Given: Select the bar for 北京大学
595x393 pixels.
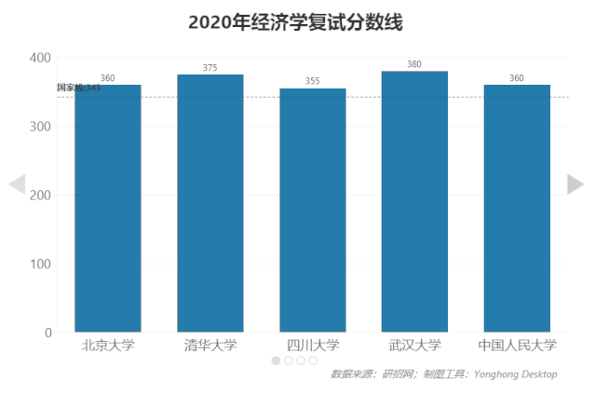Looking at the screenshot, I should (x=108, y=209).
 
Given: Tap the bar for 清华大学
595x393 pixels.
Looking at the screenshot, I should (x=210, y=203).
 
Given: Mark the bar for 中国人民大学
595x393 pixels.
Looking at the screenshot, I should (x=517, y=209).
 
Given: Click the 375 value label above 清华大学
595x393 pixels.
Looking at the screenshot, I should (x=210, y=68).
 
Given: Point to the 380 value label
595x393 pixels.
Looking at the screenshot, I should (x=414, y=64).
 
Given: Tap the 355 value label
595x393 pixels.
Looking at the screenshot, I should (x=313, y=82).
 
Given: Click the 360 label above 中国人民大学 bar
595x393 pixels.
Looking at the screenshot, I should (x=517, y=78).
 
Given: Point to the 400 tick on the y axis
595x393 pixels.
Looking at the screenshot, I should (x=39, y=58).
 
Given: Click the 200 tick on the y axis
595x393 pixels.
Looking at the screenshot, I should (x=39, y=196).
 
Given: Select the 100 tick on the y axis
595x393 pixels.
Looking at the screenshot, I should (x=39, y=264).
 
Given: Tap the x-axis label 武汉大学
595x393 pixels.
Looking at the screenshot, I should (x=414, y=346).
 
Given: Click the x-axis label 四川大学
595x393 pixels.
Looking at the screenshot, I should (x=313, y=346).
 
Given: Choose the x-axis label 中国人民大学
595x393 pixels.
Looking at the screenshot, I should (x=517, y=346).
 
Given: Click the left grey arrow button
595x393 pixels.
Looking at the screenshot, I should (x=17, y=184).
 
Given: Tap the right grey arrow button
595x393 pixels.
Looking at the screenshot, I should (x=575, y=184).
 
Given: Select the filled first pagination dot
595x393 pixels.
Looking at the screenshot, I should (x=277, y=360).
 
